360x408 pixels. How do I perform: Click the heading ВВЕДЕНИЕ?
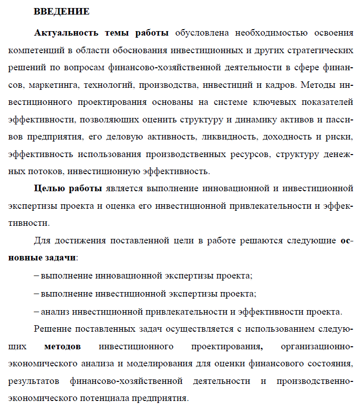click(62, 11)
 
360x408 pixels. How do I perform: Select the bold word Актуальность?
click(66, 33)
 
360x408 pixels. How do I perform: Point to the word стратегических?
click(319, 51)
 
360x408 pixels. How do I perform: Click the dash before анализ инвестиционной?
click(37, 311)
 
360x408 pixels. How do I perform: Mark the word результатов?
click(35, 381)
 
